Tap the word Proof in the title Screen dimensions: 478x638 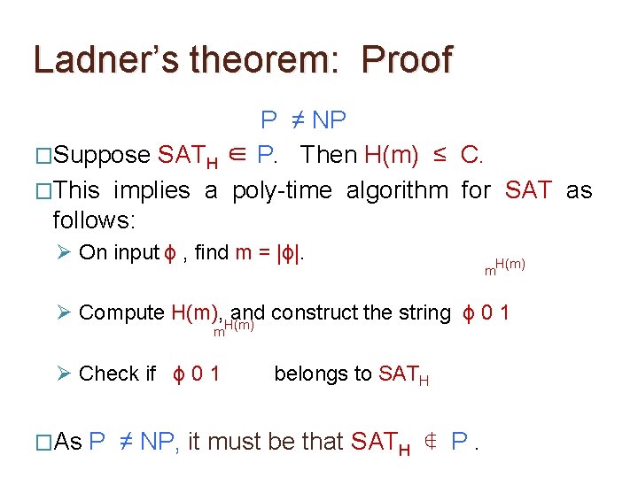(x=408, y=59)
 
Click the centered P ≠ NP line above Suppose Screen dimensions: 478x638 (x=303, y=119)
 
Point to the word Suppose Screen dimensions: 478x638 (x=101, y=155)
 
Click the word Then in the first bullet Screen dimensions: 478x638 (x=329, y=155)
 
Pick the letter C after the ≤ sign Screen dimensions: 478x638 (x=470, y=155)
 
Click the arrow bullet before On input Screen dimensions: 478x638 (x=63, y=252)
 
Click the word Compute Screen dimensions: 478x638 (x=121, y=312)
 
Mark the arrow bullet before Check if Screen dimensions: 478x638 (x=63, y=374)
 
